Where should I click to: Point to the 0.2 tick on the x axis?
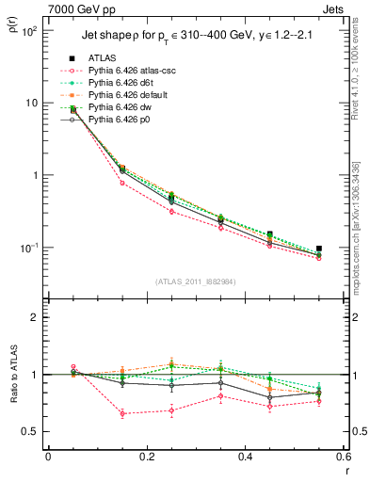146,458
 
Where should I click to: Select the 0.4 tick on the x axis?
245,458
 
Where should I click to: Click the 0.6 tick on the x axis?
343,458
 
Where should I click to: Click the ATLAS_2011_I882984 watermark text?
195,280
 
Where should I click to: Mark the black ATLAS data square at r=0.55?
319,249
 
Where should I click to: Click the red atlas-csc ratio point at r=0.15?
122,413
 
